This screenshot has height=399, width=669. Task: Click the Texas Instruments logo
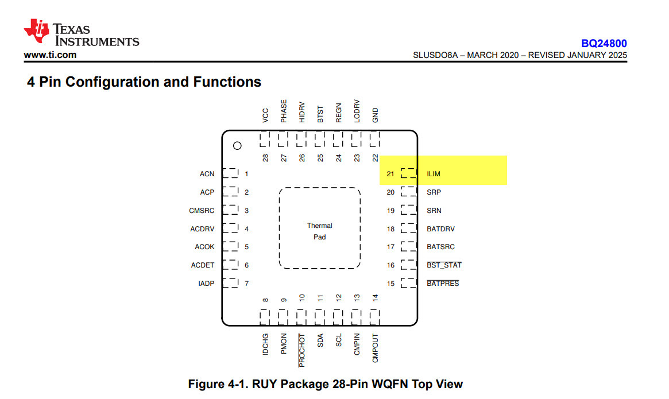pyautogui.click(x=82, y=32)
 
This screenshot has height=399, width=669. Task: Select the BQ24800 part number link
pyautogui.click(x=604, y=44)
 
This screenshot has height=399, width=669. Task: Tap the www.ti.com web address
pyautogui.click(x=50, y=55)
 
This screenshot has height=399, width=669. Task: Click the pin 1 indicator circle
pyautogui.click(x=237, y=145)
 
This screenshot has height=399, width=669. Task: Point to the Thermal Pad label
pyautogui.click(x=319, y=231)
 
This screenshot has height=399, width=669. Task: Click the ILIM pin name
pyautogui.click(x=434, y=174)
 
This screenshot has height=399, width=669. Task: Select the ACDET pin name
pyautogui.click(x=203, y=265)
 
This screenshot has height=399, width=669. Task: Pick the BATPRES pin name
pyautogui.click(x=443, y=284)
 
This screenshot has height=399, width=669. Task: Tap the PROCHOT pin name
pyautogui.click(x=301, y=350)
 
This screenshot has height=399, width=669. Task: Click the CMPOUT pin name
pyautogui.click(x=375, y=348)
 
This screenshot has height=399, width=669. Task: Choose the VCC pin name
pyautogui.click(x=265, y=115)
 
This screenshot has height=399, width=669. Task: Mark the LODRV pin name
pyautogui.click(x=357, y=111)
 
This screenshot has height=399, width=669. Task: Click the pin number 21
pyautogui.click(x=390, y=174)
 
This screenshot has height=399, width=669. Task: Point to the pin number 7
pyautogui.click(x=246, y=284)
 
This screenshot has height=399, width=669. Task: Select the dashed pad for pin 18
pyautogui.click(x=409, y=228)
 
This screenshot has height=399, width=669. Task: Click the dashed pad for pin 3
pyautogui.click(x=230, y=210)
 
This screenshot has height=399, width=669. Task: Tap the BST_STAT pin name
pyautogui.click(x=444, y=265)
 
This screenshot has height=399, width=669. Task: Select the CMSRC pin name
pyautogui.click(x=202, y=210)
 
